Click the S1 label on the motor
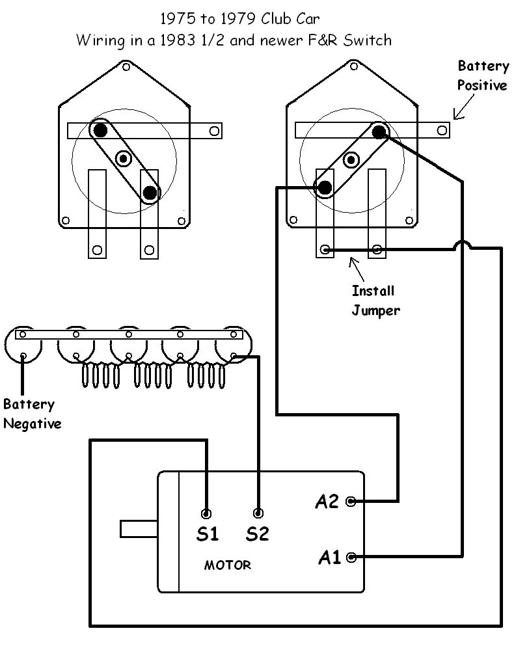pyautogui.click(x=207, y=534)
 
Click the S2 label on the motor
pyautogui.click(x=258, y=534)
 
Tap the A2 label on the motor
pyautogui.click(x=327, y=502)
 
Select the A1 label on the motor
pyautogui.click(x=329, y=558)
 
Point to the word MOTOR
pyautogui.click(x=228, y=565)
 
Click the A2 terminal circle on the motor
pyautogui.click(x=351, y=501)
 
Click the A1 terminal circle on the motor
pyautogui.click(x=351, y=557)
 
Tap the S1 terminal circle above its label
pyautogui.click(x=207, y=513)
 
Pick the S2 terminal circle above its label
pyautogui.click(x=258, y=513)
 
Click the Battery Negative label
pyautogui.click(x=32, y=414)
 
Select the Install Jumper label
pyautogui.click(x=375, y=300)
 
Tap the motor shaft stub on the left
pyautogui.click(x=139, y=528)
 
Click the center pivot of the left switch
pyautogui.click(x=124, y=158)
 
